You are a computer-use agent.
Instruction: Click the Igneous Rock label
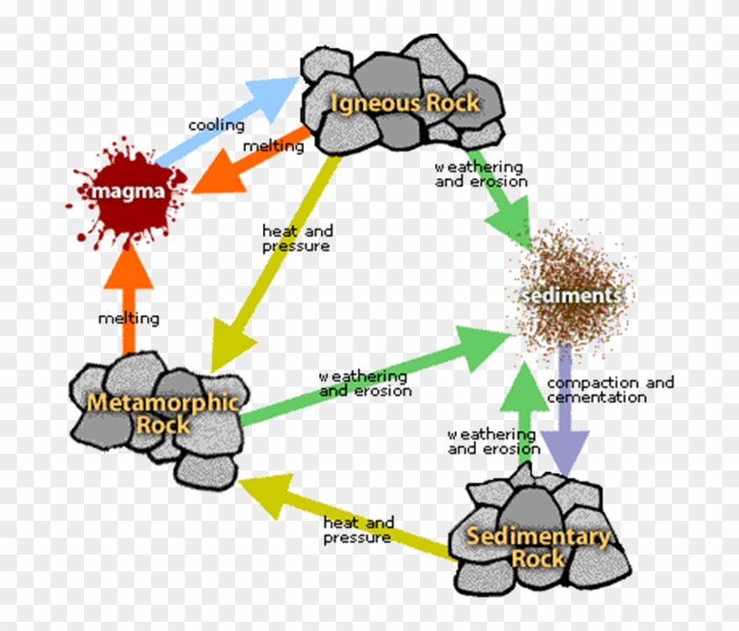click(x=405, y=103)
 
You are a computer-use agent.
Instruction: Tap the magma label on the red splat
click(x=128, y=192)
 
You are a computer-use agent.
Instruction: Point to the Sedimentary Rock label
click(x=537, y=547)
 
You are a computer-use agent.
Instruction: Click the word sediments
click(x=571, y=296)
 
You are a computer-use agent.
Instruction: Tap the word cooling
click(x=216, y=126)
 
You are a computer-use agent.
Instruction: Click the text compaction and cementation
click(x=610, y=390)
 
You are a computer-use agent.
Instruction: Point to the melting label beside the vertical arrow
click(x=128, y=318)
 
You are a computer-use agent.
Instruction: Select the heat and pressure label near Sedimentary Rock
click(x=359, y=530)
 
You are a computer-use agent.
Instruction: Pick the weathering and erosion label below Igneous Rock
click(x=480, y=175)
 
